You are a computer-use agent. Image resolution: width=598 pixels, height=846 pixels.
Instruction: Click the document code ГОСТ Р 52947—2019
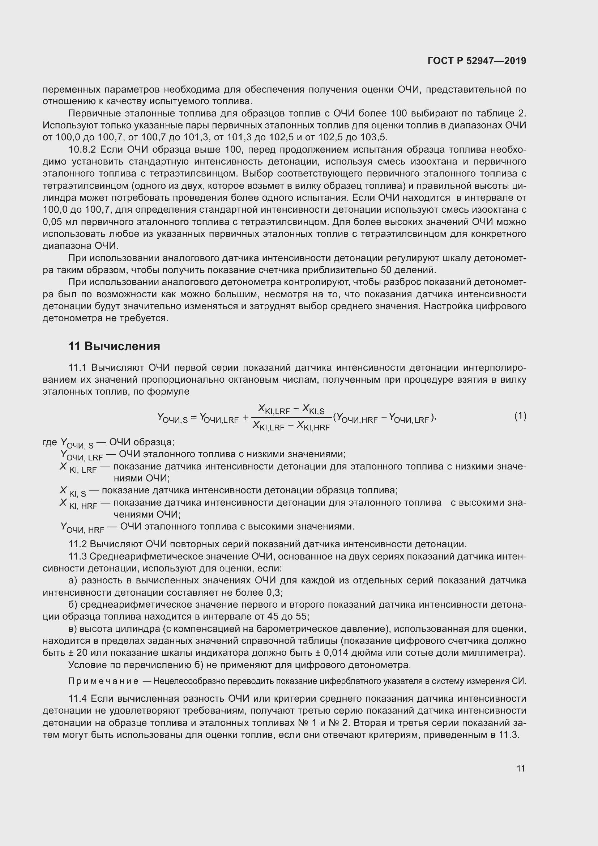coord(477,61)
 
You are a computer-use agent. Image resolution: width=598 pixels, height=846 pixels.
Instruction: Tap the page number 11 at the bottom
coord(521,768)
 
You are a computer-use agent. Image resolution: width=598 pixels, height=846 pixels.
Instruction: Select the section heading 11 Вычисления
coord(114,347)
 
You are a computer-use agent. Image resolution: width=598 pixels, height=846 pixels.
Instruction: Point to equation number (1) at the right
coord(520,416)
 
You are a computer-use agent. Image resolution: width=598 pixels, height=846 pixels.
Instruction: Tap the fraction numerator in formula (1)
coord(291,409)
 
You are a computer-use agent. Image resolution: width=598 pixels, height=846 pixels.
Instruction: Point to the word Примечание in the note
coord(103,681)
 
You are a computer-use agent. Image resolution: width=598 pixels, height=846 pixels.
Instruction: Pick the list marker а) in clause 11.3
coord(73,580)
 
